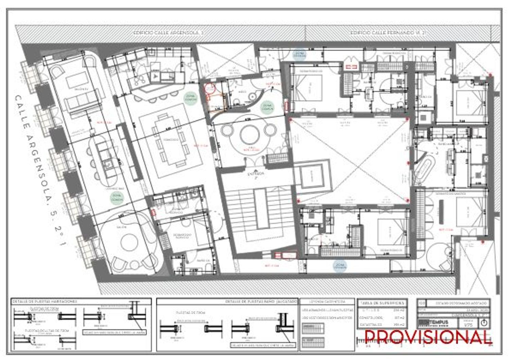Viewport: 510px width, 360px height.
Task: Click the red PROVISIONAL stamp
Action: click(428, 337)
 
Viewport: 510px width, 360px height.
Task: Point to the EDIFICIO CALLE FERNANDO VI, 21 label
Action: click(388, 33)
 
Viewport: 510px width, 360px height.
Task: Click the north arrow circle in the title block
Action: click(485, 323)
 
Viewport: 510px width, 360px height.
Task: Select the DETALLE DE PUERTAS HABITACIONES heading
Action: click(45, 302)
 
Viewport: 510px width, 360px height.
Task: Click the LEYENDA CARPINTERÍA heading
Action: click(327, 302)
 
